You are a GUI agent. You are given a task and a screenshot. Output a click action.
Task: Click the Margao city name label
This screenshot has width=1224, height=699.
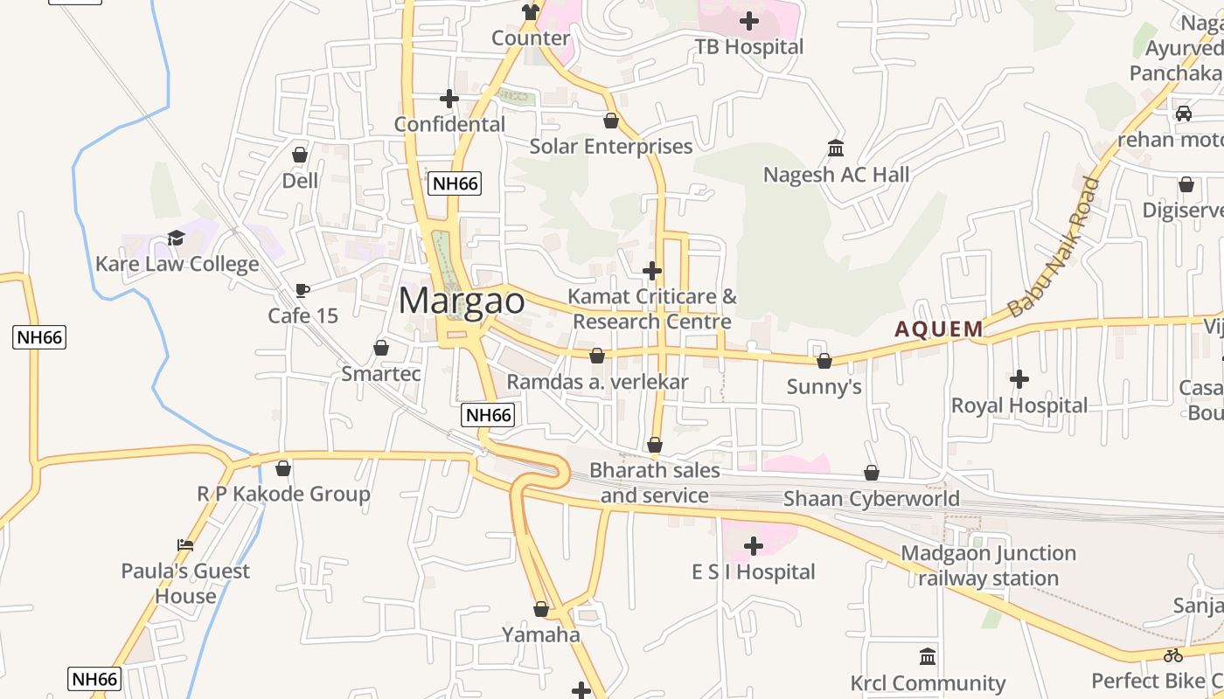pos(462,301)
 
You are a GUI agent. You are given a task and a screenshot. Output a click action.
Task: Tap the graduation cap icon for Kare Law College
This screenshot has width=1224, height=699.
pos(177,239)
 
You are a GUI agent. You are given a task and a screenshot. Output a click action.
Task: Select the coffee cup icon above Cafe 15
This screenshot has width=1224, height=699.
pos(303,290)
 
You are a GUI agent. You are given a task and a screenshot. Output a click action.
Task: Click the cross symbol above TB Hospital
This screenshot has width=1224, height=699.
pos(749,20)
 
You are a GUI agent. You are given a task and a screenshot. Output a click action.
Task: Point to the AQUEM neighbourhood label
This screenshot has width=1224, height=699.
pos(939,329)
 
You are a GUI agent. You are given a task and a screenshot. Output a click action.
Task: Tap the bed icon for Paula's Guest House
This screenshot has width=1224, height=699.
pos(185,545)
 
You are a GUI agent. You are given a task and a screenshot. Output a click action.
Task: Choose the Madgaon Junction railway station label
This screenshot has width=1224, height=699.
pos(989,565)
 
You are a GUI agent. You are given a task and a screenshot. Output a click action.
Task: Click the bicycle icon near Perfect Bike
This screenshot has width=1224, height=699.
pos(1173,655)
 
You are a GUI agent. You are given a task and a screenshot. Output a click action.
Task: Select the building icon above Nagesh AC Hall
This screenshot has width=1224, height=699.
pos(836,149)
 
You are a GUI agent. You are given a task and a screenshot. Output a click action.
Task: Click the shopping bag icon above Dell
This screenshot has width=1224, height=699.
pos(300,155)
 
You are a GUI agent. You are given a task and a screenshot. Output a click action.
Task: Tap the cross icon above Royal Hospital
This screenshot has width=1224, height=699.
pos(1019,379)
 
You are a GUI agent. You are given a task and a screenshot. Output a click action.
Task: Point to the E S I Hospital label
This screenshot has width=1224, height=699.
pos(754,572)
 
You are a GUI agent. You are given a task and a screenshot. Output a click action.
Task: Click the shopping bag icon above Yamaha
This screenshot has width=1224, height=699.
pos(541,609)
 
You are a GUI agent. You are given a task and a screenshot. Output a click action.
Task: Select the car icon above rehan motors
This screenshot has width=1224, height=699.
pos(1184,114)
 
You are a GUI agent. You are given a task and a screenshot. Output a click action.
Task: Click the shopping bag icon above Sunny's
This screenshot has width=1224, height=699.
pos(824,361)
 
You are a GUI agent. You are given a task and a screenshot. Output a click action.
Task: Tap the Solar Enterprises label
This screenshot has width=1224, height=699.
pos(611,146)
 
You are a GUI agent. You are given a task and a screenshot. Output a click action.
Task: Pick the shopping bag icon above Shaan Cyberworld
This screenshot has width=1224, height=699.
pos(872,473)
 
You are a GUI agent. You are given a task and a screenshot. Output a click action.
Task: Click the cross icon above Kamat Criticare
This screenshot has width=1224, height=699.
pos(652,271)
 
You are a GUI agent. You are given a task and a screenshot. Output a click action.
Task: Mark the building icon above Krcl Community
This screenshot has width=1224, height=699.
pos(928,656)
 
